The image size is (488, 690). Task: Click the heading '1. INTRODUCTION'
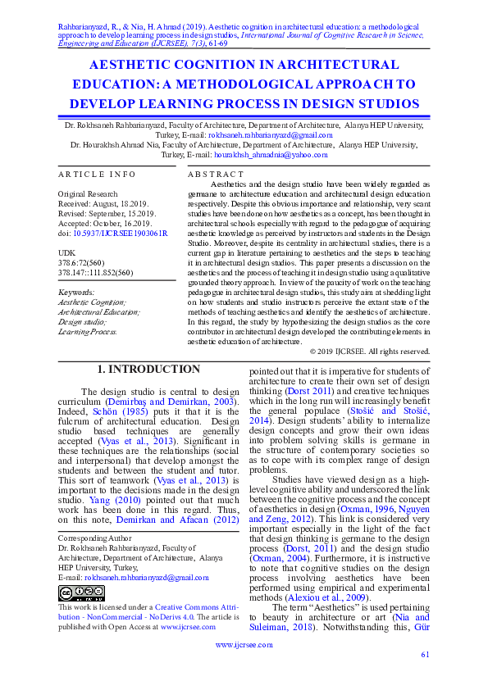click(148, 370)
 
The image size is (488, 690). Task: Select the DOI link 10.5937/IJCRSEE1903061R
click(121, 234)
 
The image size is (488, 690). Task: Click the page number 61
click(425, 654)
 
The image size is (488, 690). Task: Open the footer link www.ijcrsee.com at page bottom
click(243, 645)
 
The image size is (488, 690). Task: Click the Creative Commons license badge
click(80, 593)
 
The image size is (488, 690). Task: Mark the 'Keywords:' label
click(77, 293)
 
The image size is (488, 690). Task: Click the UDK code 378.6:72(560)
click(84, 261)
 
